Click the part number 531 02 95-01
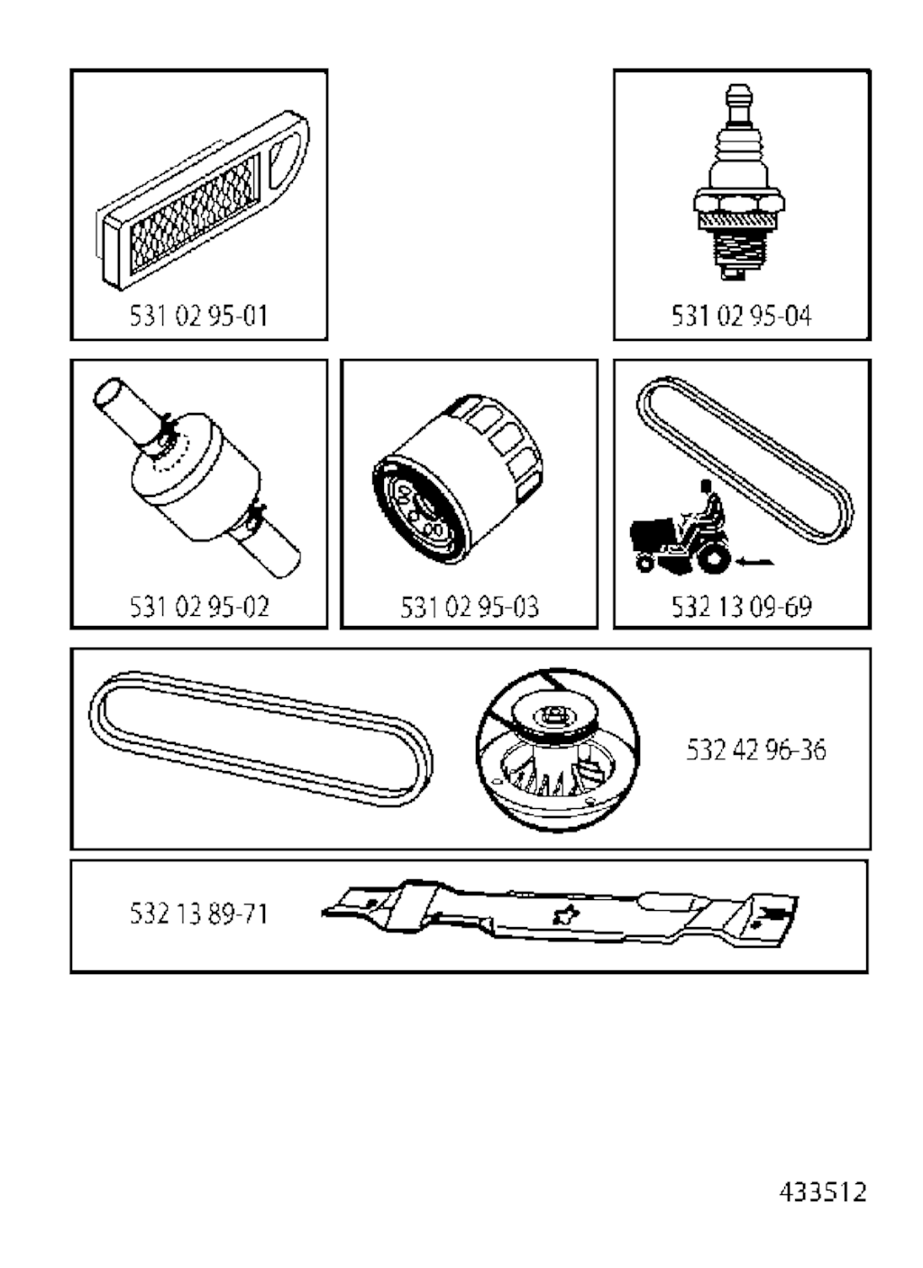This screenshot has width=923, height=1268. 198,316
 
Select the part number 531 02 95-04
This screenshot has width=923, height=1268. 741,316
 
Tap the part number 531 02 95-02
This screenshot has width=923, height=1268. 199,607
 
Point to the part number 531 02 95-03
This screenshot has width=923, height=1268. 470,607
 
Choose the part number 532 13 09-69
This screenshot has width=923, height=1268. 741,607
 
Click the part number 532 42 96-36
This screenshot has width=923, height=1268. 756,749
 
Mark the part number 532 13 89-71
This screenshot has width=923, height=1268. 198,914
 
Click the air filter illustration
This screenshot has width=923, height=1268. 202,200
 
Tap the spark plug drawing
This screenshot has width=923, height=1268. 740,181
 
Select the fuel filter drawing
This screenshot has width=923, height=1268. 196,477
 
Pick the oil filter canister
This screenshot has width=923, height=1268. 457,479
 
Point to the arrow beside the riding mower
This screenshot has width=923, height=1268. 755,562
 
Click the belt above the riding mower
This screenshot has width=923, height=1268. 745,460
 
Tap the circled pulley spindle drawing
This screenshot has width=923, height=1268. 558,749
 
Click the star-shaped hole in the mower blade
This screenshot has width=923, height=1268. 566,914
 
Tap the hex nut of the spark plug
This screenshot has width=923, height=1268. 740,204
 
